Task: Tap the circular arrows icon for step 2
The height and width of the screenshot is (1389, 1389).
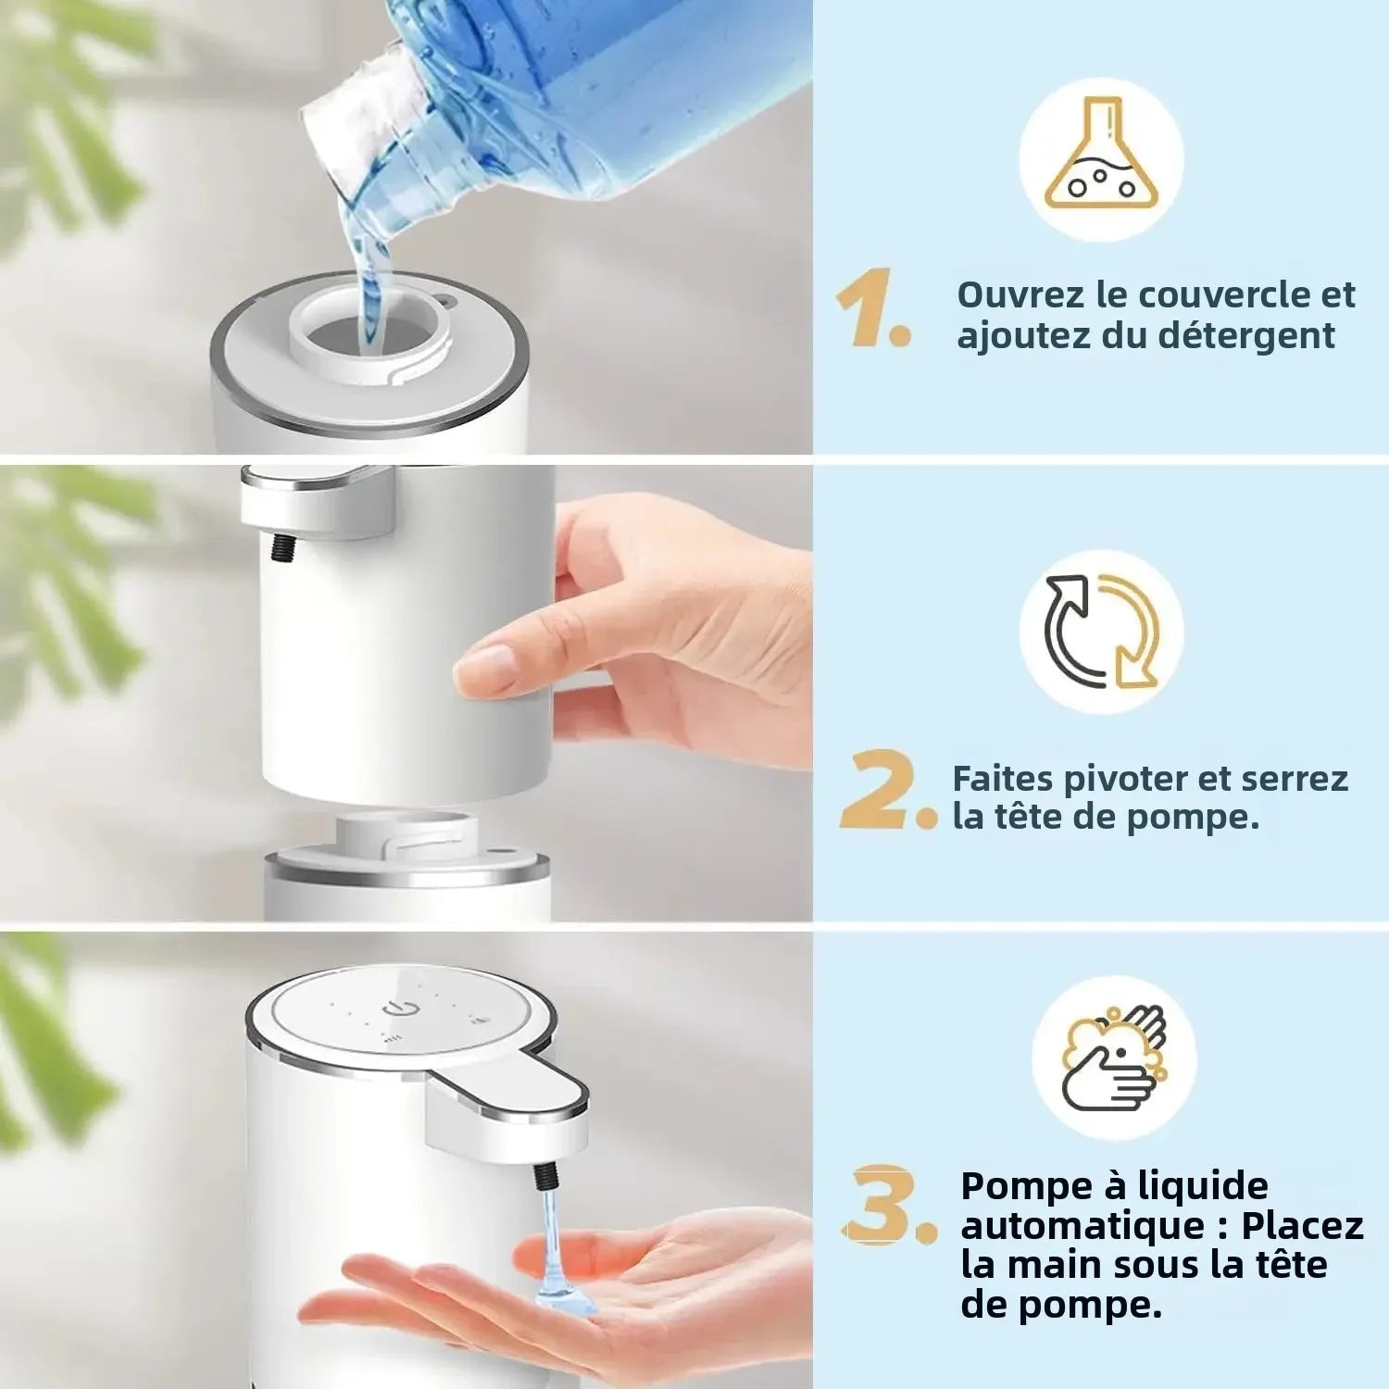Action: click(1102, 632)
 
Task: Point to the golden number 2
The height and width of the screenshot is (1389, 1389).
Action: click(880, 793)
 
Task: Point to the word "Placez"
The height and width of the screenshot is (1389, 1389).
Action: click(1302, 1226)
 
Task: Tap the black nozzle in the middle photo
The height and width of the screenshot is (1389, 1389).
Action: click(278, 546)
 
